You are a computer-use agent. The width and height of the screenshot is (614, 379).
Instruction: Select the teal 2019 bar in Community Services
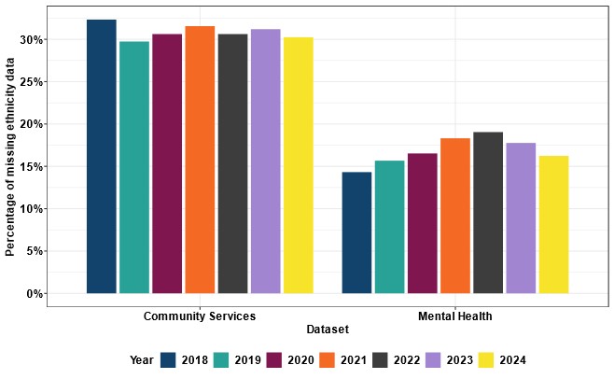point(134,168)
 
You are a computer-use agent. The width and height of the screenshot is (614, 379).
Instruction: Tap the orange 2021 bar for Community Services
point(200,160)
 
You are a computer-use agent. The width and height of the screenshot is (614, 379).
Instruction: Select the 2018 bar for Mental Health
point(356,232)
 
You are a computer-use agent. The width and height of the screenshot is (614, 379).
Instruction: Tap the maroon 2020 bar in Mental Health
point(422,223)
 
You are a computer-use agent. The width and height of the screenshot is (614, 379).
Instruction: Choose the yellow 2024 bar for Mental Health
point(552,224)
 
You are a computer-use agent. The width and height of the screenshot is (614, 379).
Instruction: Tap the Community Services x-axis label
point(200,316)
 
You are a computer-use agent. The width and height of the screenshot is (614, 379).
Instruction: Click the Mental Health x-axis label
point(454,316)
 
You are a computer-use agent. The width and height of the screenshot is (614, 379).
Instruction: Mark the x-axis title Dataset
point(328,330)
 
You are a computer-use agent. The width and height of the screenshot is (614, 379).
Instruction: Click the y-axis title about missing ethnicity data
point(11,156)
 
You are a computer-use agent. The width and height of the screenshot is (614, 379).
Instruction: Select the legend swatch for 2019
point(222,359)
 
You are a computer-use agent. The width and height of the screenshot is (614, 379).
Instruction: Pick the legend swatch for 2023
point(434,359)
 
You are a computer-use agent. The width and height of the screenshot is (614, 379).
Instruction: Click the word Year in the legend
point(141,359)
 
